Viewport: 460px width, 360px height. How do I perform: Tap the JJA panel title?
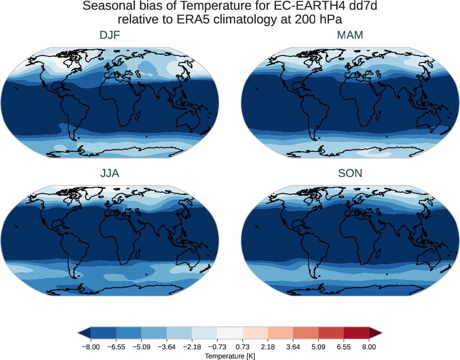pyautogui.click(x=110, y=173)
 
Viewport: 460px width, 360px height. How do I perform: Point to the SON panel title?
pyautogui.click(x=350, y=173)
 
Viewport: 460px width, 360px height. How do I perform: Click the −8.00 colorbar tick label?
pyautogui.click(x=90, y=347)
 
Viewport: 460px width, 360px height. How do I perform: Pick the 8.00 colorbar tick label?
pyautogui.click(x=369, y=347)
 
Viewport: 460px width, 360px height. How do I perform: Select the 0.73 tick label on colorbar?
pyautogui.click(x=242, y=347)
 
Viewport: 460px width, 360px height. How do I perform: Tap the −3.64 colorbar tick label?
pyautogui.click(x=166, y=347)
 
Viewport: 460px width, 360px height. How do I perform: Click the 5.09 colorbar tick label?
pyautogui.click(x=318, y=347)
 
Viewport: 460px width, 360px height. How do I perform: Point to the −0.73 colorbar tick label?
pyautogui.click(x=217, y=347)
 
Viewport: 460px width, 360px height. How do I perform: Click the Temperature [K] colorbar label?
pyautogui.click(x=229, y=356)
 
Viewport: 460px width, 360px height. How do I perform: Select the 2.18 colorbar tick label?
pyautogui.click(x=268, y=347)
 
